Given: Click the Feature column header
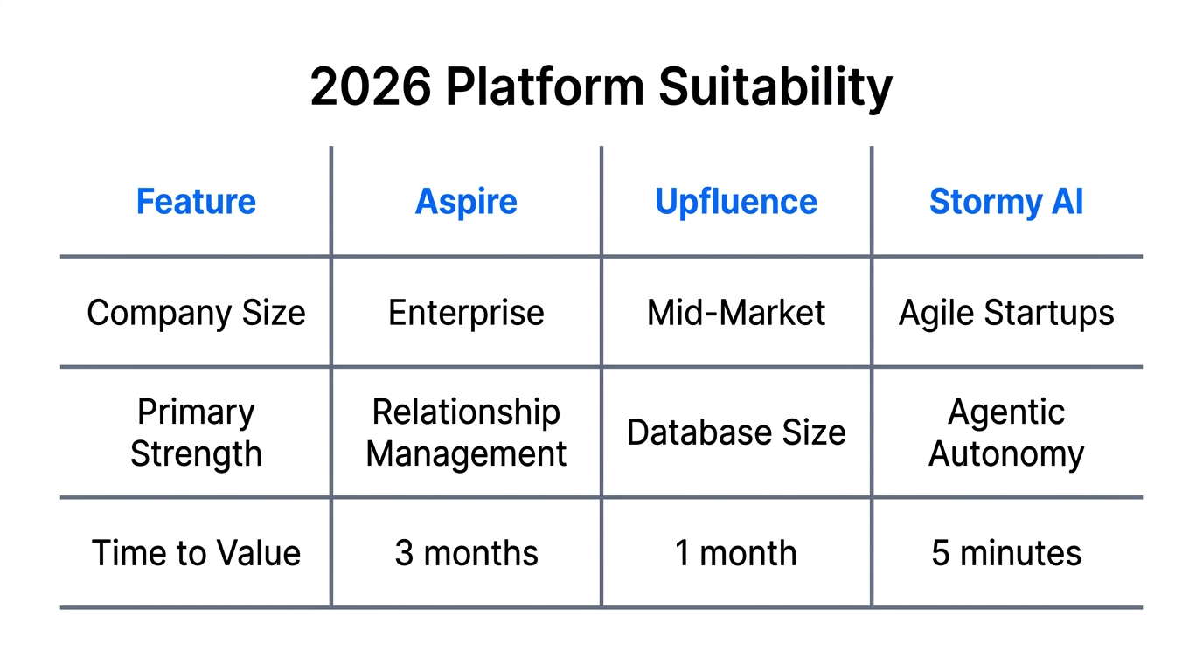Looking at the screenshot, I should click(x=196, y=202).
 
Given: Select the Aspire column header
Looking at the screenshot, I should click(x=466, y=202).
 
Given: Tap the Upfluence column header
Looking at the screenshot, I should click(x=736, y=202).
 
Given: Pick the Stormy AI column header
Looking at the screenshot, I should click(x=1006, y=202).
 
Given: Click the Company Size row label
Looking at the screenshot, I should click(x=196, y=313).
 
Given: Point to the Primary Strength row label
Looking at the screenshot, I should click(x=196, y=432).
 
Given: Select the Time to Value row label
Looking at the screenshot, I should click(x=196, y=553).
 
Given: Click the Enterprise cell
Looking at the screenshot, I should click(x=466, y=313).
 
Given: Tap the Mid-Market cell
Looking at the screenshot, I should click(x=736, y=313).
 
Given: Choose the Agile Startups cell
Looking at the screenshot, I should click(x=1006, y=313).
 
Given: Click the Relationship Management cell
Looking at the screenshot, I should click(x=466, y=432).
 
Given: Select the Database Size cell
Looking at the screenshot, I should click(x=736, y=432).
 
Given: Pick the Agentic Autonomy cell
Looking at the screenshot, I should click(x=1006, y=432).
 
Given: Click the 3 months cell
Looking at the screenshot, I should click(x=466, y=553).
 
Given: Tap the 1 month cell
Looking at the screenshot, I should click(x=736, y=553).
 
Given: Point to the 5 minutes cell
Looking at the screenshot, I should click(x=1006, y=553).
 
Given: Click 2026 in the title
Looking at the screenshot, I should click(x=371, y=87).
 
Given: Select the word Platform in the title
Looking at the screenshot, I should click(x=545, y=87).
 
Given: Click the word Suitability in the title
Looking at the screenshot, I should click(x=775, y=87).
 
